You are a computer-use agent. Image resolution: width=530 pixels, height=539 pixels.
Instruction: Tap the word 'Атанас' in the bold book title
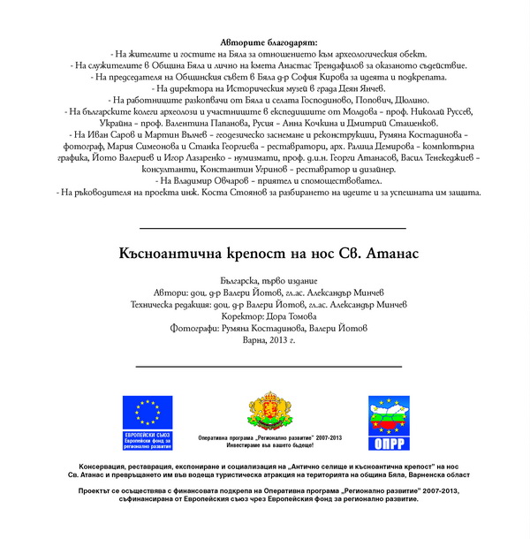pos(388,254)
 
